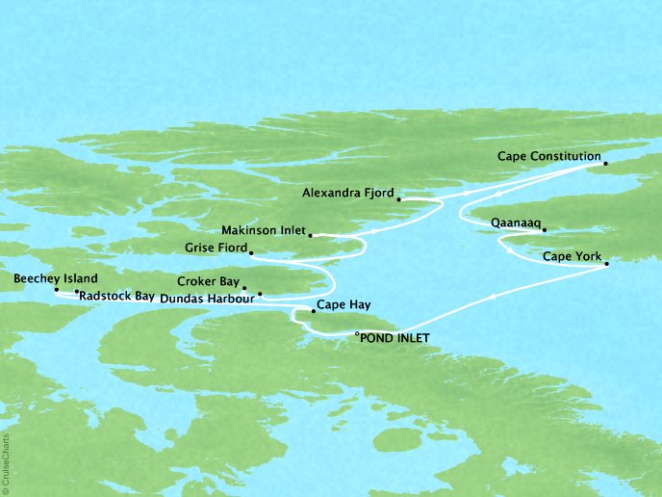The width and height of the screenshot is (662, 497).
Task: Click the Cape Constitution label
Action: pyautogui.click(x=548, y=156)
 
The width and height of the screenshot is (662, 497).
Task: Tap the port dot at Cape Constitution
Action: pyautogui.click(x=605, y=164)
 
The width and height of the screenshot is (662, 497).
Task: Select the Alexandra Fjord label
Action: pyautogui.click(x=346, y=193)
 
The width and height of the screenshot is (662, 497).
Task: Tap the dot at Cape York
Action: pyautogui.click(x=606, y=265)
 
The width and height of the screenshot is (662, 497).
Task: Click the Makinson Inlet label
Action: pyautogui.click(x=261, y=231)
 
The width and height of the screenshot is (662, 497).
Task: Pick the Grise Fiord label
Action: pyautogui.click(x=214, y=248)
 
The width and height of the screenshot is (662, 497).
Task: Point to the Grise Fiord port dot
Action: pyautogui.click(x=250, y=253)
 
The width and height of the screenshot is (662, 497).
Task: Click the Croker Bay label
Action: pyautogui.click(x=207, y=282)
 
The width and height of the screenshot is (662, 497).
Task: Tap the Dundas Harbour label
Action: pyautogui.click(x=207, y=299)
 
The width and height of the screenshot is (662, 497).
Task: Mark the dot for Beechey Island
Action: pyautogui.click(x=56, y=289)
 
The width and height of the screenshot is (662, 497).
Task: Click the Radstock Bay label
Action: pyautogui.click(x=117, y=296)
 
